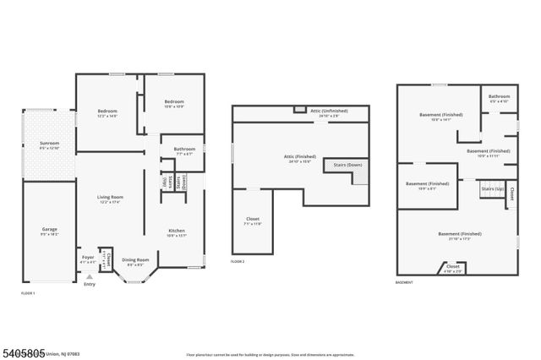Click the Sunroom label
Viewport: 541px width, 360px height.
[49, 144]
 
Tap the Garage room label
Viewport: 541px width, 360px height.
[49, 229]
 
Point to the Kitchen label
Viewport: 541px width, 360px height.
[176, 230]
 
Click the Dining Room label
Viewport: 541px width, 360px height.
[136, 259]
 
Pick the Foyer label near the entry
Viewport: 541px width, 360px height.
[88, 257]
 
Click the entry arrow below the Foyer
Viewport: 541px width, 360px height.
[89, 276]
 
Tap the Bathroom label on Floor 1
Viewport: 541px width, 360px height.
[184, 149]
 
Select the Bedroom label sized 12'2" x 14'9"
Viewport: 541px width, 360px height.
[107, 112]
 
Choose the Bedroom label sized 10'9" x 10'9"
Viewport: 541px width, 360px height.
[174, 102]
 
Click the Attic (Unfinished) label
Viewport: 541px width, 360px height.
[328, 111]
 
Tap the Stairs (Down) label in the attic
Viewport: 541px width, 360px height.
[348, 165]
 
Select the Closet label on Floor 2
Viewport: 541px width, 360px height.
[253, 218]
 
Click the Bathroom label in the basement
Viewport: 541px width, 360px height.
[500, 96]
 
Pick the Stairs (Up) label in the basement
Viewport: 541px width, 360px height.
[493, 188]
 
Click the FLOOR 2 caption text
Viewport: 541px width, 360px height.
[238, 262]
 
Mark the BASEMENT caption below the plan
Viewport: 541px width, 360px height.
[405, 282]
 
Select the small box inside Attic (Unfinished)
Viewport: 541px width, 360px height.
[298, 109]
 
